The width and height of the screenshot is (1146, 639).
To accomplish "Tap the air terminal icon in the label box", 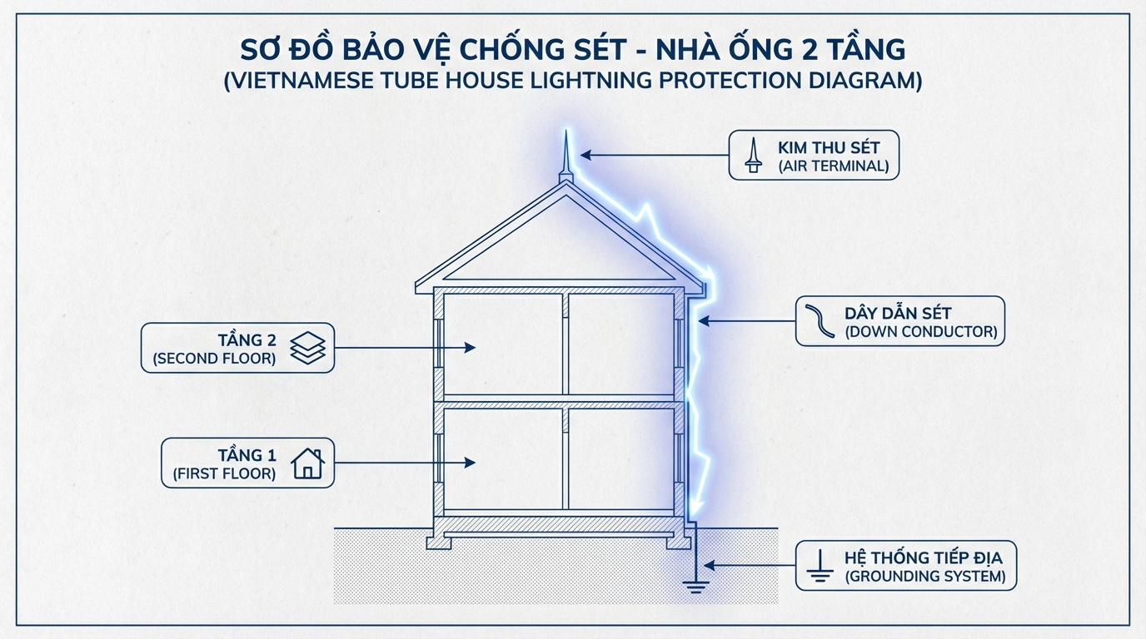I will click(x=753, y=155).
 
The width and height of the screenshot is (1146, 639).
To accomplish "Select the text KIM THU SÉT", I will click(x=828, y=148).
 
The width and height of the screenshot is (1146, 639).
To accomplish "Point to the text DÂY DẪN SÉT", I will click(x=898, y=314).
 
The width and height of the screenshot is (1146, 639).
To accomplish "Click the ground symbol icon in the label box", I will click(x=820, y=565).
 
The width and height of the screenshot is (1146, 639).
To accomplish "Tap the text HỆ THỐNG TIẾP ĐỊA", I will click(x=924, y=557).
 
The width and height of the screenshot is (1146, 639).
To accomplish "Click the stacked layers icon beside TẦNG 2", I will click(x=307, y=348).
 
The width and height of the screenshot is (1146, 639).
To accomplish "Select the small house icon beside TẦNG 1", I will click(x=307, y=463).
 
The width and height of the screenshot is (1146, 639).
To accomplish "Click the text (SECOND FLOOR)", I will click(x=214, y=359).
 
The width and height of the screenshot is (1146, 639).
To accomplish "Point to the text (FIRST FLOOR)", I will click(x=224, y=473).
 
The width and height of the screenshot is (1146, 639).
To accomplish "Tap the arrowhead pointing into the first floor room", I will click(x=471, y=463).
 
